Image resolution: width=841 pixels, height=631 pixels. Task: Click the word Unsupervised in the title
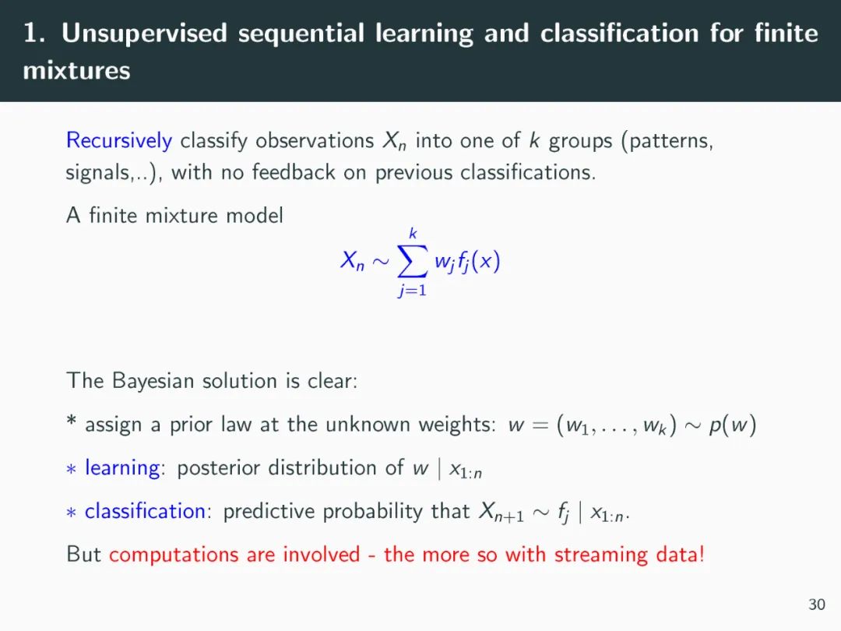pyautogui.click(x=144, y=33)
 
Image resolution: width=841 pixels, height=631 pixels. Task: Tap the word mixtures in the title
pyautogui.click(x=76, y=70)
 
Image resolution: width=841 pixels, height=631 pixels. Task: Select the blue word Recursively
pyautogui.click(x=119, y=141)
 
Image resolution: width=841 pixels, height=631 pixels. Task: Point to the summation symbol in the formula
pyautogui.click(x=413, y=261)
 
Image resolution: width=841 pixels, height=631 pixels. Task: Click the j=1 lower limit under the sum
pyautogui.click(x=413, y=291)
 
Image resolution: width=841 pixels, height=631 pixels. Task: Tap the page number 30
pyautogui.click(x=817, y=605)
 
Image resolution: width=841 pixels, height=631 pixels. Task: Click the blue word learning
pyautogui.click(x=123, y=468)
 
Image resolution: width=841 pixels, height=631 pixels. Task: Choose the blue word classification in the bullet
pyautogui.click(x=146, y=511)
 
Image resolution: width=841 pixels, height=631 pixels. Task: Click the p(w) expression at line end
pyautogui.click(x=733, y=425)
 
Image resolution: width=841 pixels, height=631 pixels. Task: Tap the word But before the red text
pyautogui.click(x=83, y=555)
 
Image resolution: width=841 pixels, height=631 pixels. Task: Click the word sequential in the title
pyautogui.click(x=301, y=33)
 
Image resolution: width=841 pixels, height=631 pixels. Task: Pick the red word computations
pyautogui.click(x=174, y=555)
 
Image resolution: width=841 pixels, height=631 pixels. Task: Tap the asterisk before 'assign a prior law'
pyautogui.click(x=71, y=420)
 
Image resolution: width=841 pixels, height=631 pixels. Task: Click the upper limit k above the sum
pyautogui.click(x=413, y=234)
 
